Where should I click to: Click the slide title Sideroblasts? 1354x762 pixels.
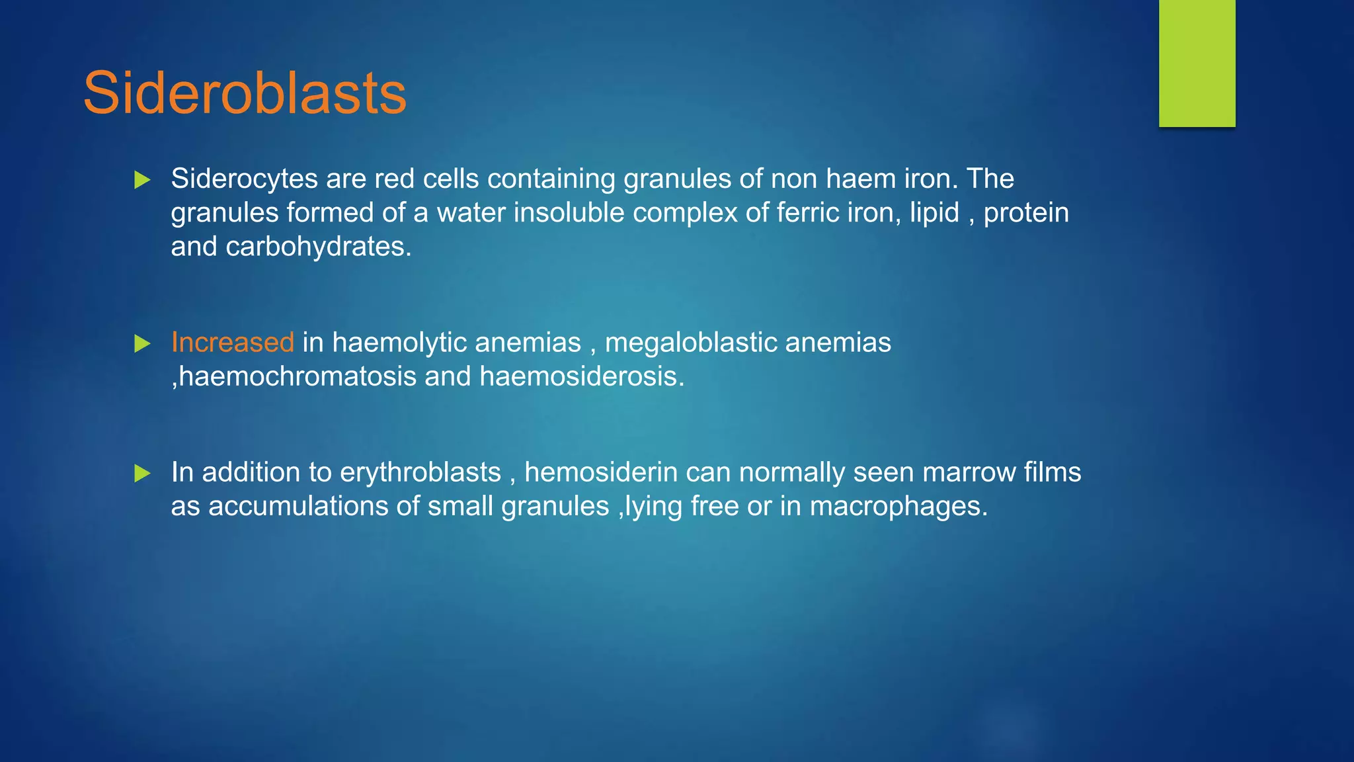[x=245, y=93]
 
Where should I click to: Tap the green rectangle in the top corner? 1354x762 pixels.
[x=1197, y=63]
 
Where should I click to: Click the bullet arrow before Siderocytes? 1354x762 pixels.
[x=142, y=180]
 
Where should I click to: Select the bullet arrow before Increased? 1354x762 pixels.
[x=142, y=344]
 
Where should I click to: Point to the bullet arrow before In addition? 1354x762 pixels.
[x=142, y=474]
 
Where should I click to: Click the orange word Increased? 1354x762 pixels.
[x=232, y=343]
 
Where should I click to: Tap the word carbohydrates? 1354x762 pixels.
[x=318, y=247]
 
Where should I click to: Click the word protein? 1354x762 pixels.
[x=1026, y=213]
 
